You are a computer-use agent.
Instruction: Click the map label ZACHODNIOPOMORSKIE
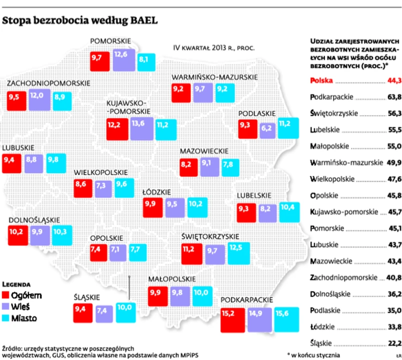48,82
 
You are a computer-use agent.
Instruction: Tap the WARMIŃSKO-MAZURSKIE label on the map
215,77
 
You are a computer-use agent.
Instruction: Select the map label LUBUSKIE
18,148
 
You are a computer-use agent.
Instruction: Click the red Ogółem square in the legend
7,295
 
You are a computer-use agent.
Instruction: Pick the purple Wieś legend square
7,306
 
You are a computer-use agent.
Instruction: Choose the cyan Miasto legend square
7,318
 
